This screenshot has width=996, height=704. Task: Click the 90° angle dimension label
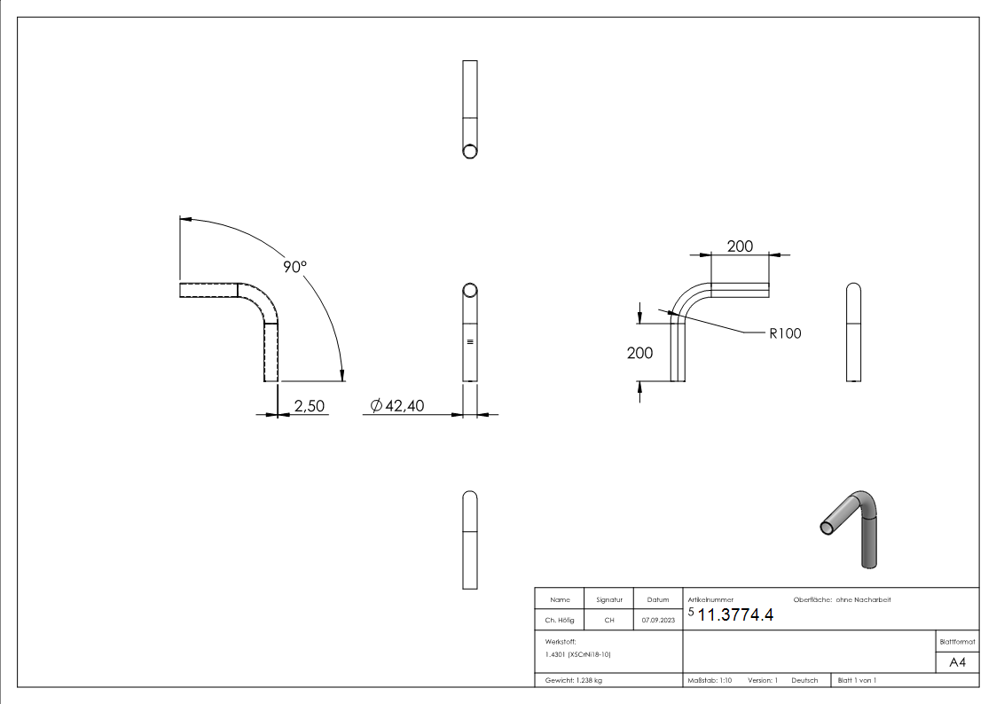point(294,267)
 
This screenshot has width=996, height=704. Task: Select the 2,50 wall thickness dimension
point(310,405)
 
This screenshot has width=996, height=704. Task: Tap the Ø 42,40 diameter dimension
point(397,405)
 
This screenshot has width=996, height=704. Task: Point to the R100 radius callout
point(784,334)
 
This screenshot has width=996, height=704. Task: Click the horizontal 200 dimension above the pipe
point(741,246)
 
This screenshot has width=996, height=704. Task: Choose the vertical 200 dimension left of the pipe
point(639,353)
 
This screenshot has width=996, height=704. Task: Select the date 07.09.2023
point(658,621)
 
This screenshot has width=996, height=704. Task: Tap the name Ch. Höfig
point(559,621)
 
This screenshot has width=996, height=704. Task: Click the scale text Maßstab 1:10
point(710,680)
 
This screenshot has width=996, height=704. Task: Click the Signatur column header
point(608,600)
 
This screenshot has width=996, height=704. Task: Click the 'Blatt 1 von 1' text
point(857,680)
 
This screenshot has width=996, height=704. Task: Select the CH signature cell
point(608,621)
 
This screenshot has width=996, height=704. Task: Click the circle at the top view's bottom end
point(470,150)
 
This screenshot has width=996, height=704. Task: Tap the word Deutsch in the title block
point(804,680)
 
